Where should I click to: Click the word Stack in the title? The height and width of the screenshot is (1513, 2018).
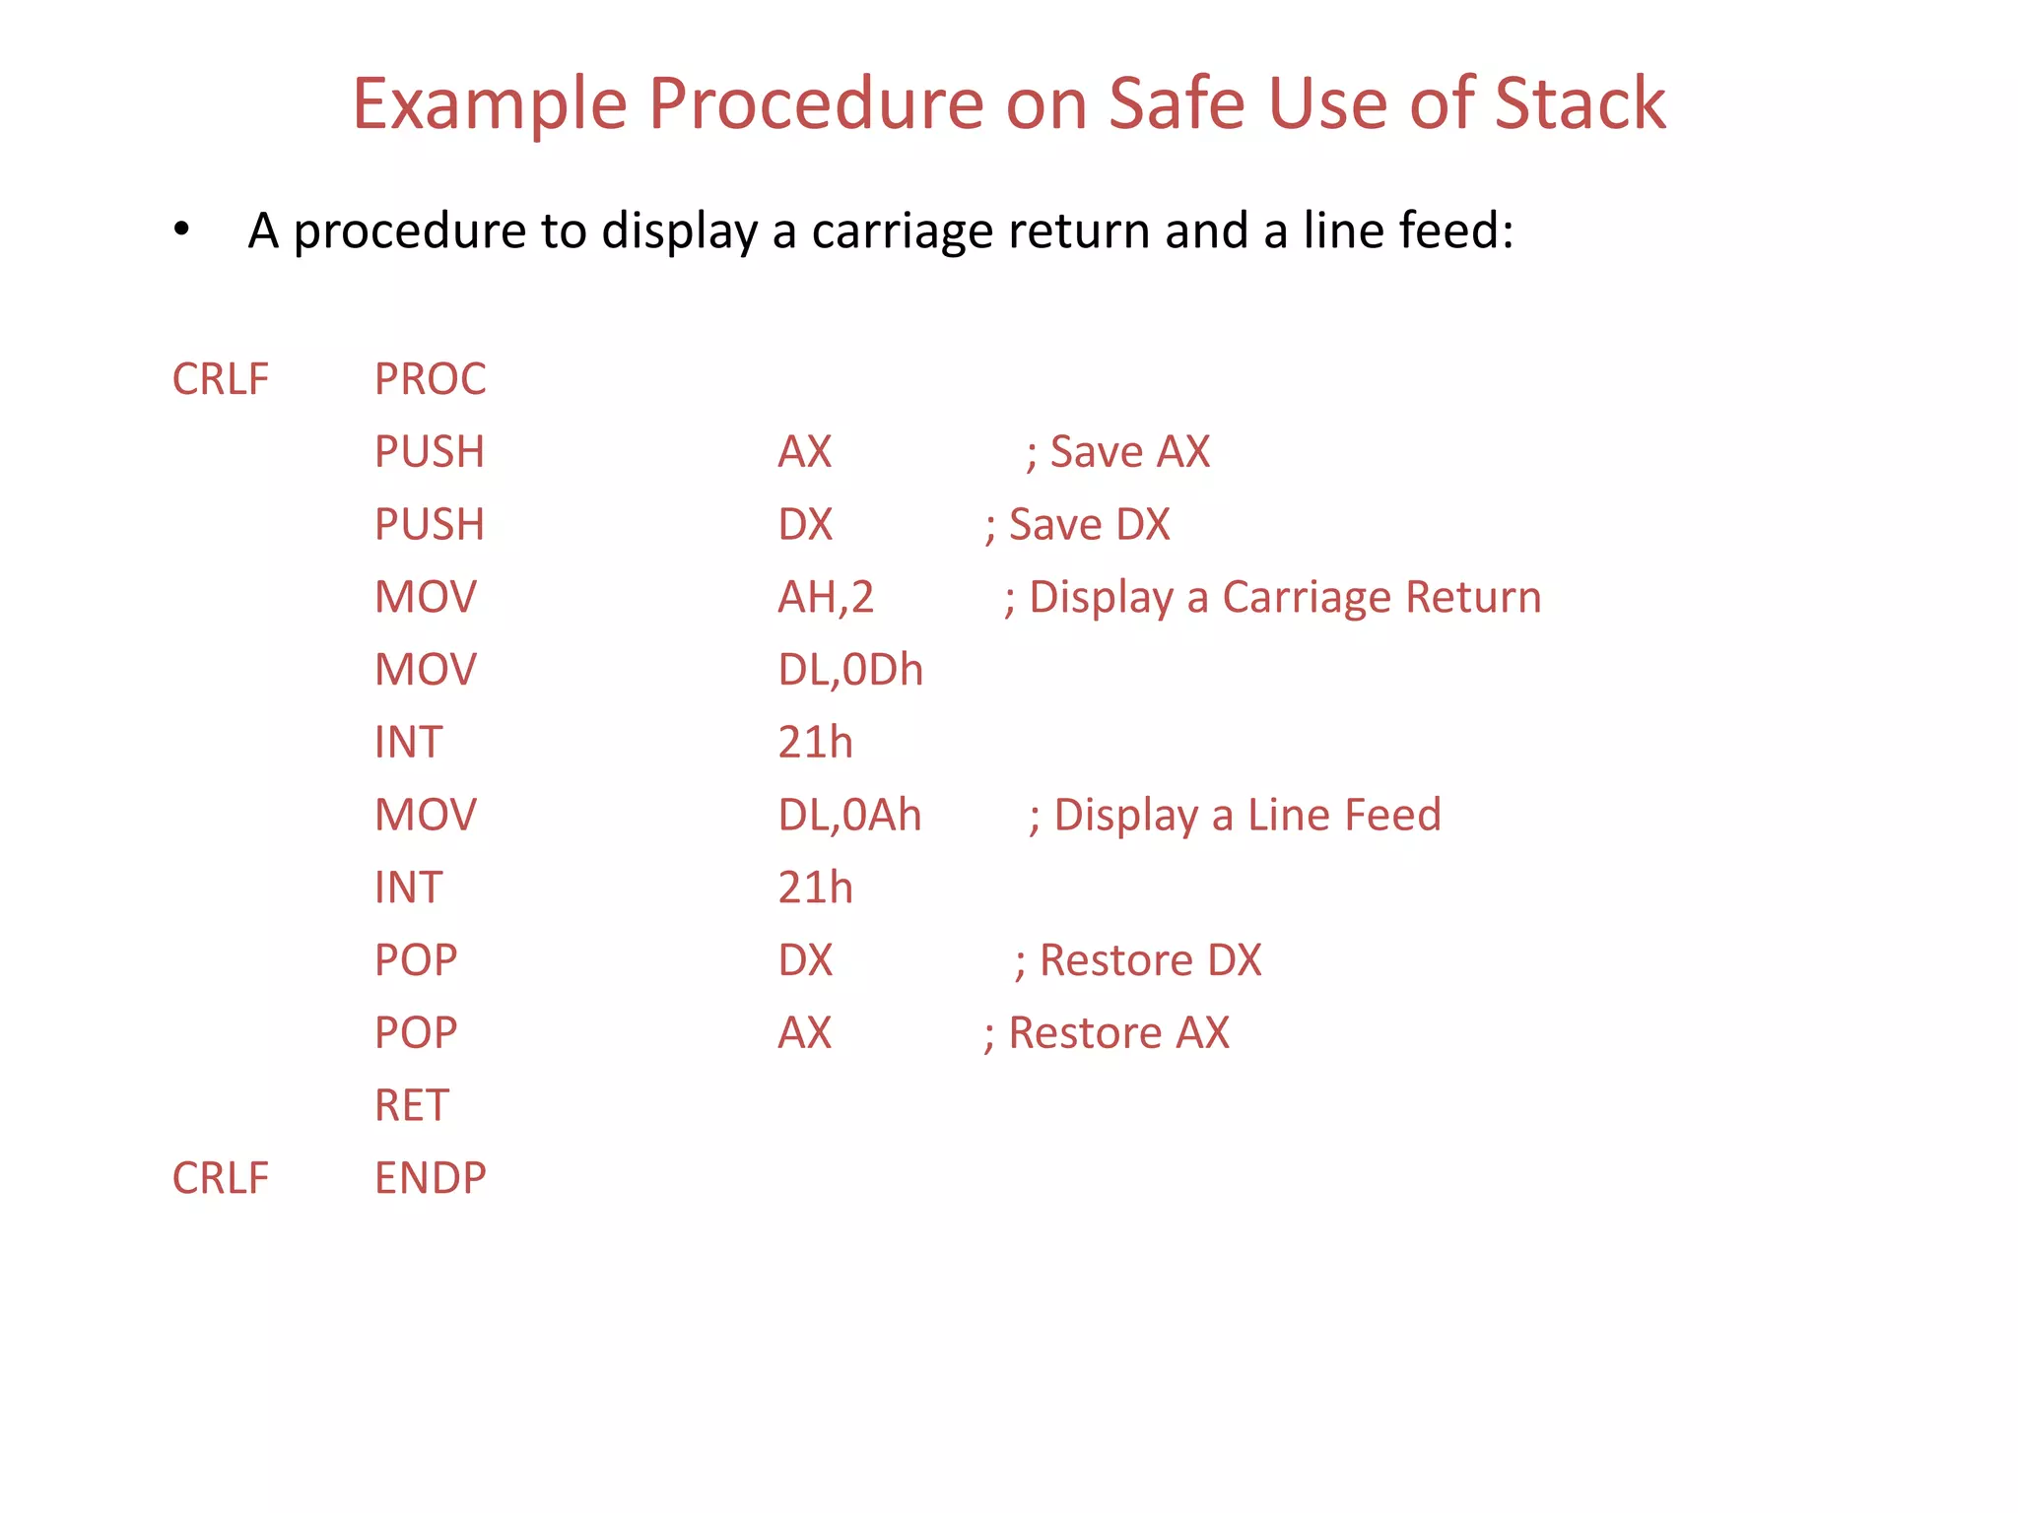1579,103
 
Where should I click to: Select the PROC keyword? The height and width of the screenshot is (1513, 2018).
430,379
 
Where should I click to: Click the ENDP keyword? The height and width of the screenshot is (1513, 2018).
430,1178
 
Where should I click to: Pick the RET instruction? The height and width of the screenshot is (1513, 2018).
411,1105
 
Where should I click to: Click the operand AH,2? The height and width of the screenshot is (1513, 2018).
825,598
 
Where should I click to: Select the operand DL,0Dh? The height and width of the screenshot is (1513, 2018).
849,670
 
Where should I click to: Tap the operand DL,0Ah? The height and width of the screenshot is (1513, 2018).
848,816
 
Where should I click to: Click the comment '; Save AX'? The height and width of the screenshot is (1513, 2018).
1117,452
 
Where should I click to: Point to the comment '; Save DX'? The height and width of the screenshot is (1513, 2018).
1077,525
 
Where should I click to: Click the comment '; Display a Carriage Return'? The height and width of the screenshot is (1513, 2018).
1272,598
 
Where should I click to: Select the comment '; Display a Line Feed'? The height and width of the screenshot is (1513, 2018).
1235,816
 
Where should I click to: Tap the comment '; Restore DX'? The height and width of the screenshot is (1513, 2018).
1138,960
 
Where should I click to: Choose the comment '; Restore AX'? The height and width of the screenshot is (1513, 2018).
1107,1033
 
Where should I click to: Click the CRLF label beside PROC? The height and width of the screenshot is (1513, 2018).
220,379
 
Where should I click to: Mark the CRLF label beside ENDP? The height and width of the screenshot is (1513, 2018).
220,1178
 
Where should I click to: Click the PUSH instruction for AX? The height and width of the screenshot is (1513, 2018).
429,452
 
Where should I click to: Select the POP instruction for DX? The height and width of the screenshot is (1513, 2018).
415,960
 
